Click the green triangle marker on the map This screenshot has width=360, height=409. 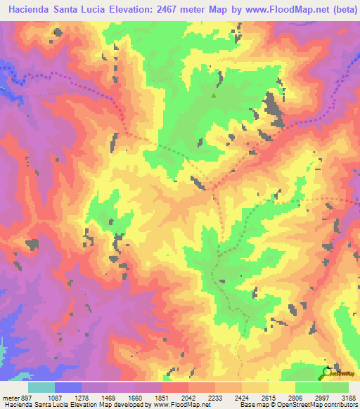pos(214,95)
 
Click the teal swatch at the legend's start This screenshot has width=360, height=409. pos(41,387)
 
